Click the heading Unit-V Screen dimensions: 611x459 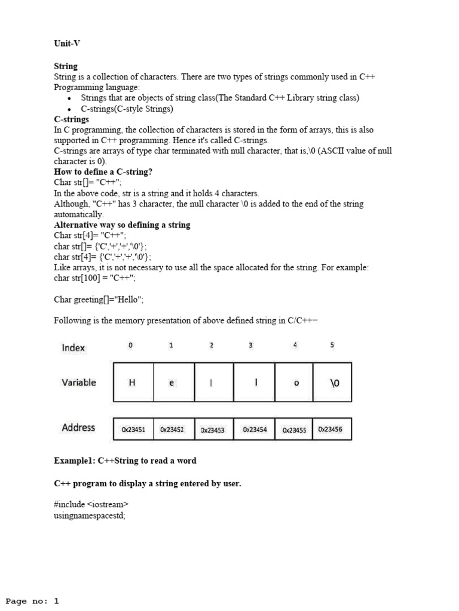(x=67, y=44)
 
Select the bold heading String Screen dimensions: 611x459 (x=66, y=66)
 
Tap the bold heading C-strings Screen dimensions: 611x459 (x=71, y=119)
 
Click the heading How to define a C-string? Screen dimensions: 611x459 (x=103, y=172)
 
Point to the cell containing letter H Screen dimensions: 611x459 (x=133, y=383)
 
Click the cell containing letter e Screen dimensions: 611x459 (x=172, y=383)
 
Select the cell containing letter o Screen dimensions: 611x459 (x=295, y=383)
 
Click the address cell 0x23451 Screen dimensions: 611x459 (x=133, y=430)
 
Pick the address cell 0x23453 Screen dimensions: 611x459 (x=213, y=430)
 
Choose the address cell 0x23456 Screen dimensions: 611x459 (x=331, y=429)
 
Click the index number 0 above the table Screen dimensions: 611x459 (x=131, y=345)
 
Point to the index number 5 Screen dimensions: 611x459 (x=332, y=345)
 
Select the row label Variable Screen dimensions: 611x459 (x=78, y=382)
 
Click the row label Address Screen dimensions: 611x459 (x=78, y=428)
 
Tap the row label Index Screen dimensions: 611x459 (x=74, y=348)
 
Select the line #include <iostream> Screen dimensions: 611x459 (x=91, y=505)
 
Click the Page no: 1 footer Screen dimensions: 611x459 (x=32, y=601)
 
